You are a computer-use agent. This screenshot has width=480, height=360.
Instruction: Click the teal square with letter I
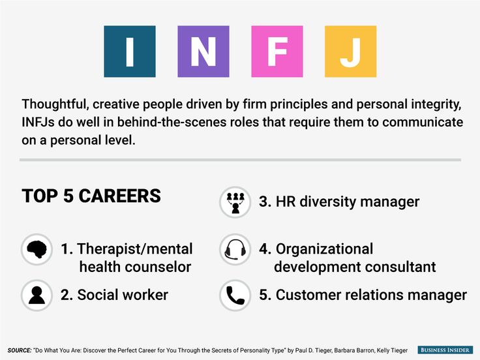coord(130,52)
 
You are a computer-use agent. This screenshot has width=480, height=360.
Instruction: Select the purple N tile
coord(203,52)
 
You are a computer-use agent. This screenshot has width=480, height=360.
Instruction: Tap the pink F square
coord(277,52)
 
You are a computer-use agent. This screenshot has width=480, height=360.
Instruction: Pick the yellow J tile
coord(350,52)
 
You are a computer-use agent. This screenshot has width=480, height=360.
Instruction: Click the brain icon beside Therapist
coord(37,249)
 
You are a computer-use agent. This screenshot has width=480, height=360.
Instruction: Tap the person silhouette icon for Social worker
coord(37,295)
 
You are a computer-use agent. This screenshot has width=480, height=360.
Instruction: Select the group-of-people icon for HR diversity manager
coord(235,202)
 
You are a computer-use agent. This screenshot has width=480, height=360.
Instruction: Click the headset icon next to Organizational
coord(235,249)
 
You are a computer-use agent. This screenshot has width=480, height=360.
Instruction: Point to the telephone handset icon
coord(235,295)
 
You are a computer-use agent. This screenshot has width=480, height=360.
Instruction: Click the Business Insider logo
coord(445,350)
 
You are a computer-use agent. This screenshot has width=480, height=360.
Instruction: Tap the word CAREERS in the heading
coord(120,196)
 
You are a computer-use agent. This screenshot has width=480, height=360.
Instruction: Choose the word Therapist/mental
coord(135,249)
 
